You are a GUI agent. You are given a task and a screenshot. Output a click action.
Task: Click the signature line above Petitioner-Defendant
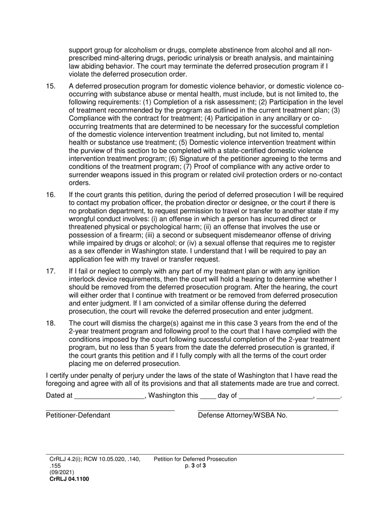click(x=110, y=410)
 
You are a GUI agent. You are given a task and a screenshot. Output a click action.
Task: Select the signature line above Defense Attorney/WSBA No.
click(x=268, y=410)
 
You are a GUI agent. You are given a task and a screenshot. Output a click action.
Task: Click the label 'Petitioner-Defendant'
click(x=78, y=415)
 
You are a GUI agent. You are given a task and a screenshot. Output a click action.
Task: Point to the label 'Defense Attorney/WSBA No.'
click(x=243, y=415)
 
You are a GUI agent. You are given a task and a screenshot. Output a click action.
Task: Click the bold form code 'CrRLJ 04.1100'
click(x=69, y=479)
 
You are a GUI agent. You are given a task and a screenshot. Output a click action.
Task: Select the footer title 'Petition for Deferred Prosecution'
click(x=195, y=459)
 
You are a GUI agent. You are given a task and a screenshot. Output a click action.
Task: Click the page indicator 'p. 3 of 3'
click(x=195, y=466)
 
